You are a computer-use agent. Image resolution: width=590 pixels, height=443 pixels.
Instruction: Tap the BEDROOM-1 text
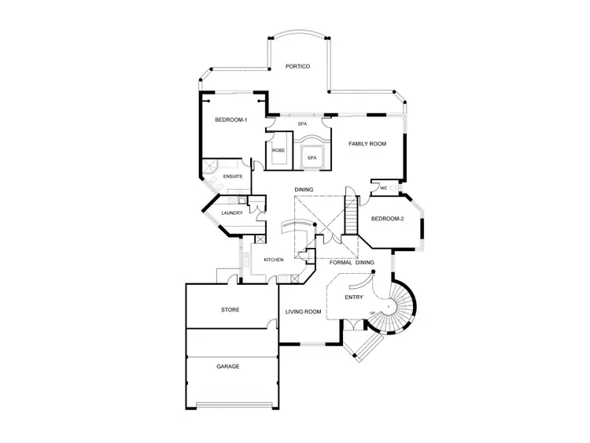231,120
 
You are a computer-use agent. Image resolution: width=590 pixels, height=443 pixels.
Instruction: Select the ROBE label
278,150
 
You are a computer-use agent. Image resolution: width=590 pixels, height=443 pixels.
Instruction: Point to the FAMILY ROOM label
367,144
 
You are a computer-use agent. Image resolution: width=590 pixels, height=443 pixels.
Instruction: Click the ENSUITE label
233,177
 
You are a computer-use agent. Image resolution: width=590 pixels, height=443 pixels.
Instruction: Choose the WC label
383,188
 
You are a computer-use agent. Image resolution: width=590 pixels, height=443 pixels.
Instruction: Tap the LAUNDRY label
231,213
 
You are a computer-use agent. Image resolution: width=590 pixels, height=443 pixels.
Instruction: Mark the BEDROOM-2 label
387,219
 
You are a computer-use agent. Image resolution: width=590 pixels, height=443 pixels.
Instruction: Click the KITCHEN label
274,260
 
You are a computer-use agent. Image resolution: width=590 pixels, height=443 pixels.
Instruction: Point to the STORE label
230,310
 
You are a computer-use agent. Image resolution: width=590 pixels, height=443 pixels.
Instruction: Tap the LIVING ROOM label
304,312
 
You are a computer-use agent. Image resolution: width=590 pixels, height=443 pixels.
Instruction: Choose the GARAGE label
228,366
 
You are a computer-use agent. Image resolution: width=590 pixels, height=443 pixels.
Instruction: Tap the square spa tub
312,156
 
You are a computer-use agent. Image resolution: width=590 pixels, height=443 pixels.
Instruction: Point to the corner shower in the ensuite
211,170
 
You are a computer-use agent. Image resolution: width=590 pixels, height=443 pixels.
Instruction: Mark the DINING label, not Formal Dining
304,190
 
